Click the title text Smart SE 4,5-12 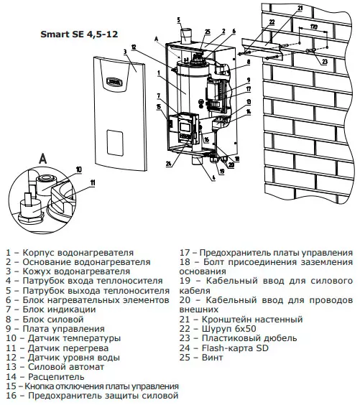pos(79,34)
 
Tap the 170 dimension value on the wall pos(313,27)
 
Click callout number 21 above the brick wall pos(300,8)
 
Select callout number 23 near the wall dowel pos(325,62)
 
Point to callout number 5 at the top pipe pos(179,20)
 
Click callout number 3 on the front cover pos(125,52)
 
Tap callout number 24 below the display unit pos(169,164)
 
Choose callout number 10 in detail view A pos(79,169)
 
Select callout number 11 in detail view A pos(92,183)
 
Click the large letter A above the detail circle pos(43,158)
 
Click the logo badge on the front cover pos(114,81)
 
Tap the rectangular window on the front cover pos(114,142)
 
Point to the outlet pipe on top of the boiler pos(186,36)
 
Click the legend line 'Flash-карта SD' pos(224,348)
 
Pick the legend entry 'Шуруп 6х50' pos(218,329)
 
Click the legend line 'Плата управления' pos(55,329)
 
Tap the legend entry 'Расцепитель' pos(45,376)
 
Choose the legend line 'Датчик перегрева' pos(57,348)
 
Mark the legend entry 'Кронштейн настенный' pos(241,320)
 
